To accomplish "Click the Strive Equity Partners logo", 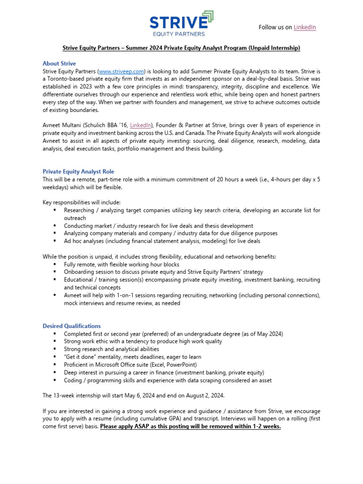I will [181, 24].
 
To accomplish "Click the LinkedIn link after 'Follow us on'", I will [304, 27].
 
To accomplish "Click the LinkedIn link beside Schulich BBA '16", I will [141, 125].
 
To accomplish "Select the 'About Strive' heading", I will [59, 63].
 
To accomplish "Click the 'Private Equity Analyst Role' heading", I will [78, 172].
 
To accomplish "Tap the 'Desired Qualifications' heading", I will [71, 326].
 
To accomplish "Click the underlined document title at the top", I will [181, 48].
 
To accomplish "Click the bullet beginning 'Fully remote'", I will [121, 265].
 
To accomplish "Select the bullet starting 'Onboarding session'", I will [164, 272].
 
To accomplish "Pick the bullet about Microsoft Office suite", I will [130, 365].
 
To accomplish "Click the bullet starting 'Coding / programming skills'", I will [168, 380].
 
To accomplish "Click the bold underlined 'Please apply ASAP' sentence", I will [190, 426].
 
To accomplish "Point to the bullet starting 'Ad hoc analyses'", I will [162, 241].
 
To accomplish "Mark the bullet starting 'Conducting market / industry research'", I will [158, 226].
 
